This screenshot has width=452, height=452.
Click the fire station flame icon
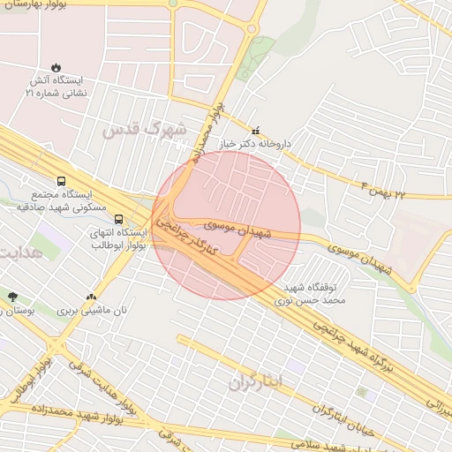point(57,66)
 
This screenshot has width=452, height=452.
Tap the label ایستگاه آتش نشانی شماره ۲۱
point(56,86)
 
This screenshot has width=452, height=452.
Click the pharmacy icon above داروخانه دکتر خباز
point(256,130)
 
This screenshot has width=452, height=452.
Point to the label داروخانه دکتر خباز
point(254,143)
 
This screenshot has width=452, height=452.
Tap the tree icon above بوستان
point(11,297)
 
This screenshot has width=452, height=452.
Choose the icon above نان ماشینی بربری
point(91,298)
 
